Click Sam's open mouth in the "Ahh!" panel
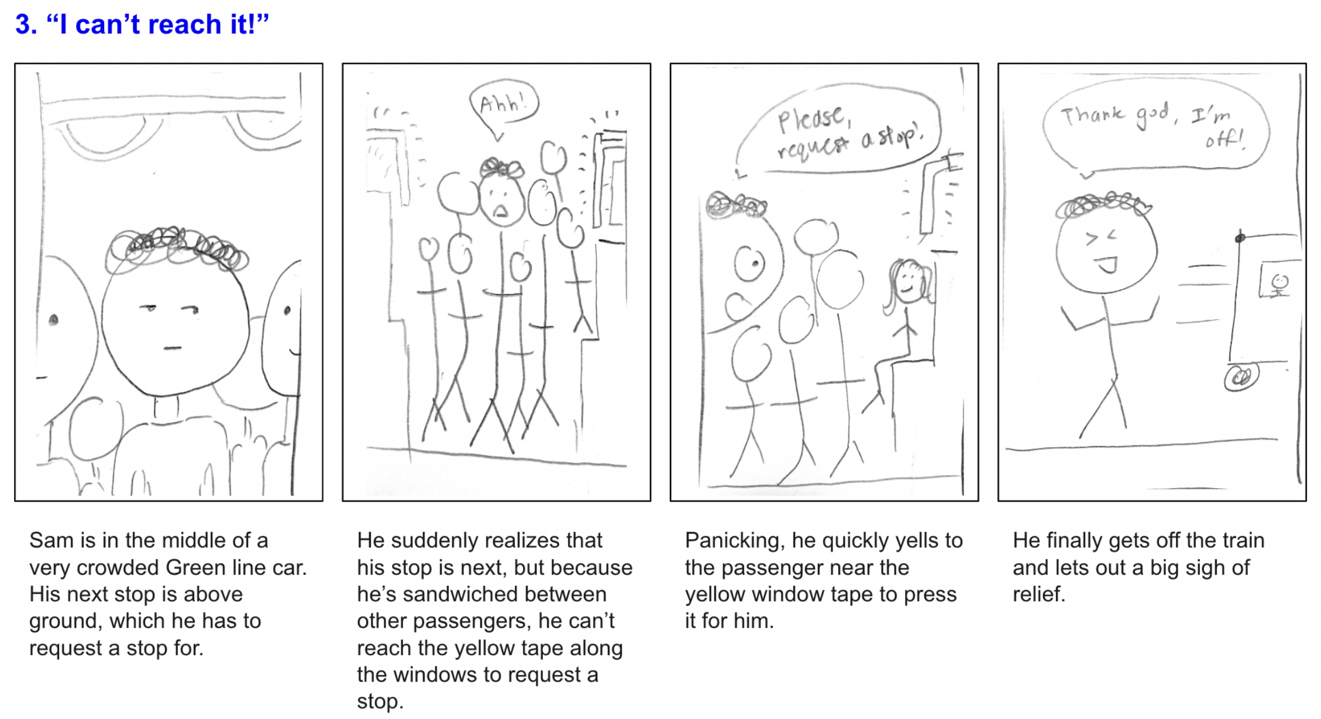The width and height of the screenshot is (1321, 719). pyautogui.click(x=500, y=210)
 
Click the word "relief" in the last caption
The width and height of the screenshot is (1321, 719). pyautogui.click(x=1039, y=594)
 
